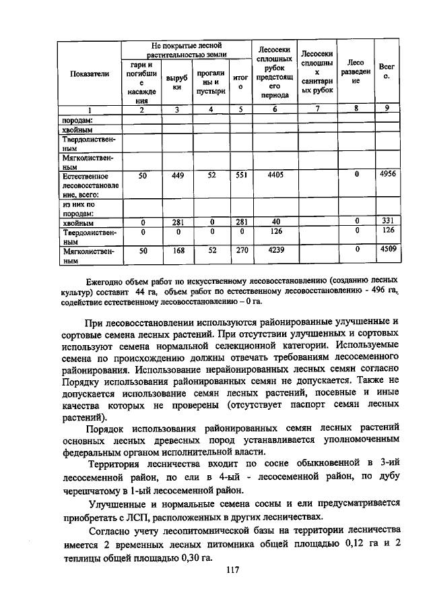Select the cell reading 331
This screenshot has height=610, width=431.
click(x=387, y=221)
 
